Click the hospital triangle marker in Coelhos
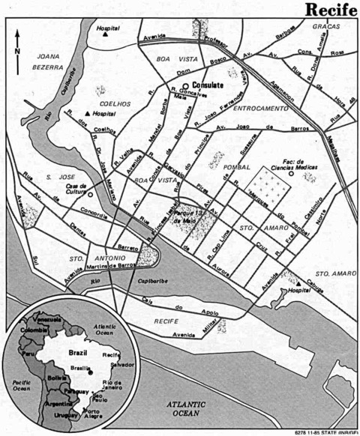(x=87, y=113)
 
